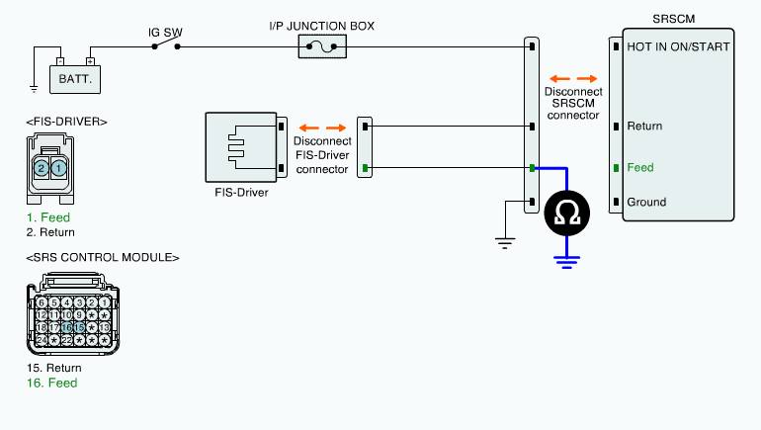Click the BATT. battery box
click(x=75, y=79)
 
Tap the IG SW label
click(x=165, y=33)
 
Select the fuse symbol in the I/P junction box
click(x=322, y=46)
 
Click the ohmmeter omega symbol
click(x=567, y=214)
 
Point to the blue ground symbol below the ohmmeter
click(x=567, y=263)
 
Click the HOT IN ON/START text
click(x=678, y=46)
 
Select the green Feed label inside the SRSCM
click(x=640, y=167)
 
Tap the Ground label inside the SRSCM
click(x=646, y=202)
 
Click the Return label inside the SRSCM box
click(x=644, y=127)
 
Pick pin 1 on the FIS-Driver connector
click(x=58, y=168)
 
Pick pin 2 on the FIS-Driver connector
click(x=42, y=168)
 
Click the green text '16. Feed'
click(x=52, y=383)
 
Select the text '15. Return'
click(x=54, y=368)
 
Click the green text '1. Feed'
click(x=48, y=217)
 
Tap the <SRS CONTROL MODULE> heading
click(x=103, y=257)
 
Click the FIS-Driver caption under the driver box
click(x=241, y=193)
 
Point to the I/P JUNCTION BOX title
click(x=322, y=27)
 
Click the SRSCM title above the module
click(x=674, y=19)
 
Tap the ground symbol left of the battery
click(x=34, y=89)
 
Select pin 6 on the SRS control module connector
click(x=42, y=302)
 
